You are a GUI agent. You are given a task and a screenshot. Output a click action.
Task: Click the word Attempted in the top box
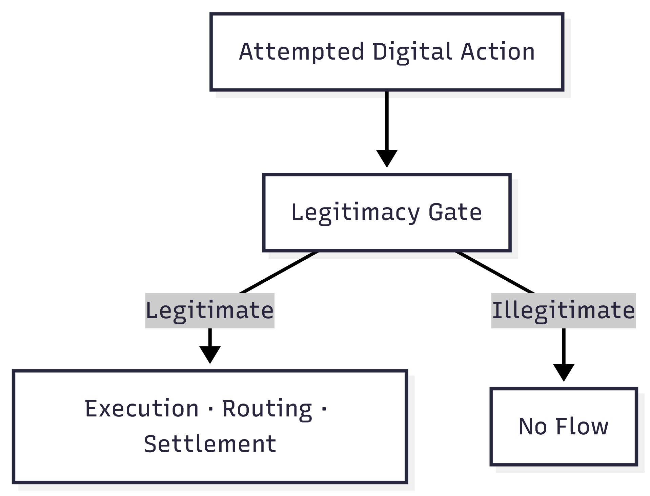point(301,52)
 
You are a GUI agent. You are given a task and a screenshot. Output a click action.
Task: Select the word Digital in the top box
point(412,52)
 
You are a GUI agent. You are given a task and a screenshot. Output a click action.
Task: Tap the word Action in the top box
point(497,52)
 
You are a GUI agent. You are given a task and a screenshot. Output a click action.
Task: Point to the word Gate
point(455,213)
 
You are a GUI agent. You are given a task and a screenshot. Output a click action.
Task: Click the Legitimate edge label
point(210,310)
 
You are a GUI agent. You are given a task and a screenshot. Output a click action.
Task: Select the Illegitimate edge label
point(563,310)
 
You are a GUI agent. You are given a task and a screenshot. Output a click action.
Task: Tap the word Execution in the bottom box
point(142,408)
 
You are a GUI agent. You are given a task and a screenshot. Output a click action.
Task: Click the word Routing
point(267,408)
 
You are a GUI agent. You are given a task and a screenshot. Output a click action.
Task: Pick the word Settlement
point(210,444)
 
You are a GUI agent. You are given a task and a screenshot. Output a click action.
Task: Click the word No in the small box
point(532,426)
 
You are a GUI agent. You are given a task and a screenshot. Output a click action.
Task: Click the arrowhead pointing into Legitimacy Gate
point(387,158)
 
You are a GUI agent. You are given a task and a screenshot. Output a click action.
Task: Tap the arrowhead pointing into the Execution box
point(210,354)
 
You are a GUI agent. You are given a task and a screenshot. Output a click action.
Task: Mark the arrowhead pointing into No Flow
point(564,372)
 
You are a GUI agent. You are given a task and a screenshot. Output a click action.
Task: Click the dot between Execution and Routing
point(210,409)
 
